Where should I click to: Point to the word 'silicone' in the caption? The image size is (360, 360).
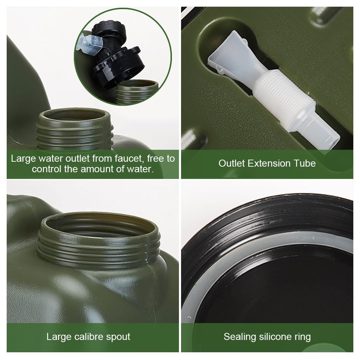[x=277, y=337]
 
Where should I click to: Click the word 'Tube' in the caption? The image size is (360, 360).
[x=305, y=163]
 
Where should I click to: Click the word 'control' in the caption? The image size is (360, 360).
[x=47, y=169]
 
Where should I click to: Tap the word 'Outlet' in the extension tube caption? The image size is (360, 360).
[x=232, y=163]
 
